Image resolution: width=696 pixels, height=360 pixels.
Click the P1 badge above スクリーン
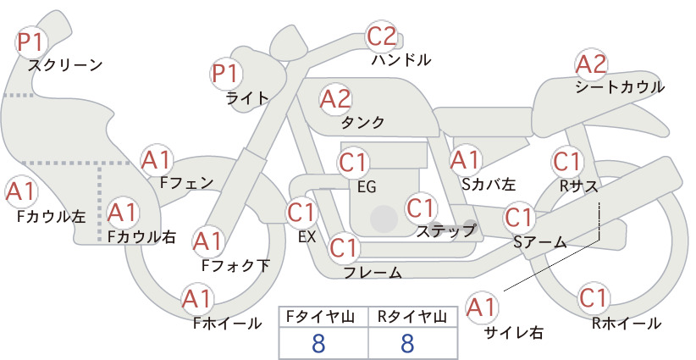(x=31, y=42)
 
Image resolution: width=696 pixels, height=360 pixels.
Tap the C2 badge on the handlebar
(x=382, y=36)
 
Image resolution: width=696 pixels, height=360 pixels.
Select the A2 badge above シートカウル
(x=591, y=64)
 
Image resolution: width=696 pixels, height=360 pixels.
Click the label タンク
(x=362, y=122)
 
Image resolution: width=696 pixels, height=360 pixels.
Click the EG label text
(x=367, y=187)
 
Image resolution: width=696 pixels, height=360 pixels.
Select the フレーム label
(x=373, y=272)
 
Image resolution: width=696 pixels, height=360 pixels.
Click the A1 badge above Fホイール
(x=197, y=299)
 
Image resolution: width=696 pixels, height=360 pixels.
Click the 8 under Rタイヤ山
(x=407, y=343)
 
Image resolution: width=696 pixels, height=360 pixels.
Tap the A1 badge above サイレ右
(x=481, y=307)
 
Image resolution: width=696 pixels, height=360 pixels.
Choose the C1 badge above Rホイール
(x=594, y=298)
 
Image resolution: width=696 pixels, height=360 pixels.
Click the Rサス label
(x=578, y=187)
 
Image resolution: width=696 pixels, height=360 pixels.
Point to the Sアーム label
(x=540, y=242)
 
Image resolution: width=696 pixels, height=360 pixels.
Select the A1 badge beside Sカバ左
(x=465, y=160)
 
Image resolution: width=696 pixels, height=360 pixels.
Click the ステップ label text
(x=445, y=231)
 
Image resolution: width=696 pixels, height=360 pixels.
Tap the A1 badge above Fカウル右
(x=122, y=213)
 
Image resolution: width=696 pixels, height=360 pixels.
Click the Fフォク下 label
(x=235, y=265)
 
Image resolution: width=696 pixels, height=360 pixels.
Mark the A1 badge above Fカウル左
(x=20, y=192)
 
